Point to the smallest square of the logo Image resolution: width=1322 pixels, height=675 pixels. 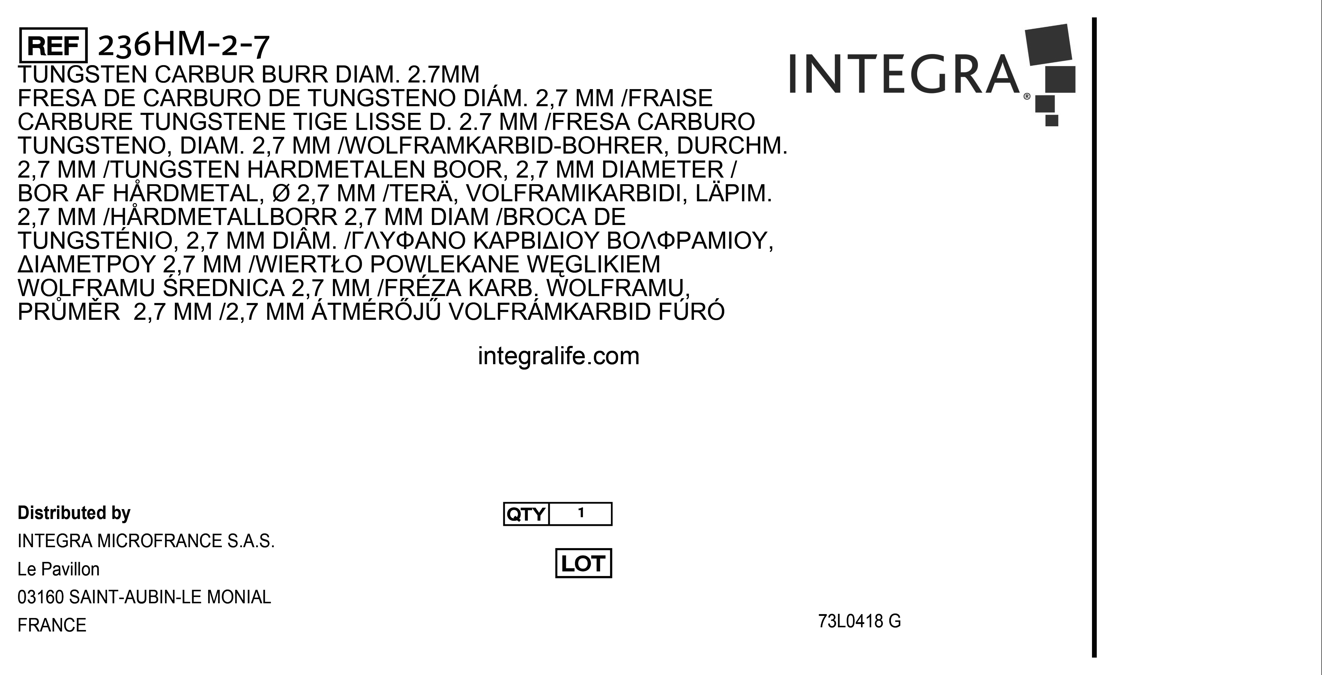pyautogui.click(x=1051, y=120)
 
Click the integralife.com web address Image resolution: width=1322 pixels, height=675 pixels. pyautogui.click(x=558, y=356)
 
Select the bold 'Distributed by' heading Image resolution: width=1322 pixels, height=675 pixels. pyautogui.click(x=74, y=513)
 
